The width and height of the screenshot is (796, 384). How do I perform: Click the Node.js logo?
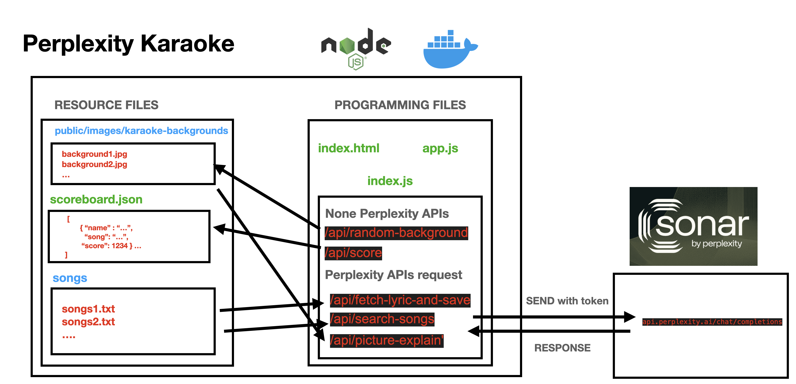pos(356,48)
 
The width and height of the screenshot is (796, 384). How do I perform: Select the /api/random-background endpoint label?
pos(396,233)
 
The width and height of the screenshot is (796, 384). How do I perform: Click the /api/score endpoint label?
pos(353,253)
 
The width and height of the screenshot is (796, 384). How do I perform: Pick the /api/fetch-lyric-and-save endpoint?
pos(400,300)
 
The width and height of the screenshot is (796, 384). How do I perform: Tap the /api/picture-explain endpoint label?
pos(387,340)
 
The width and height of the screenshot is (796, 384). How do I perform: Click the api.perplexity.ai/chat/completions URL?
pos(712,322)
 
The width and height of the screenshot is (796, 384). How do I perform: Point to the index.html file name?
pos(349,148)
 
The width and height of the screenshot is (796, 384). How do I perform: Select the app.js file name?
pos(440,148)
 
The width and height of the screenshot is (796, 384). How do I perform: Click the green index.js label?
pos(390,181)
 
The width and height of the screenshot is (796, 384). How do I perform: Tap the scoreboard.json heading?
pos(96,200)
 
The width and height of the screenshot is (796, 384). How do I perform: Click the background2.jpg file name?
pos(94,164)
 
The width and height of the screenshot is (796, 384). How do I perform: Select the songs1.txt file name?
pos(88,309)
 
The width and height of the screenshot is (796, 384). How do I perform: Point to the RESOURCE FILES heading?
pos(106,105)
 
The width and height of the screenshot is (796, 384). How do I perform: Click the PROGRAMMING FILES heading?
pos(400,105)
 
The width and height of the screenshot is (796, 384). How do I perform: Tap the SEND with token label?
pos(567,301)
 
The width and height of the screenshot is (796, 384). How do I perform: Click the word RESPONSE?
pos(562,348)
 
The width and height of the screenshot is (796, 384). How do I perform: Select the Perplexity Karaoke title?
pos(129,44)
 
